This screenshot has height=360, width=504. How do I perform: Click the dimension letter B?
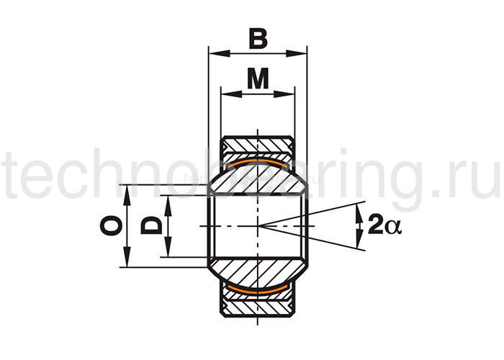tap(258, 39)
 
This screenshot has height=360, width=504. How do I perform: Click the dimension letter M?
tap(258, 78)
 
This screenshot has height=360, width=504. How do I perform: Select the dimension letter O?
tap(111, 225)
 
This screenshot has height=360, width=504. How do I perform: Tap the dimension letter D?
tap(151, 225)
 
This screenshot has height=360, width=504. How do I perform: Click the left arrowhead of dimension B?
tap(220, 53)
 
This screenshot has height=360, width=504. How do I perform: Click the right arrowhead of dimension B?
tap(297, 53)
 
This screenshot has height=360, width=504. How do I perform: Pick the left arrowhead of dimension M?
tap(231, 94)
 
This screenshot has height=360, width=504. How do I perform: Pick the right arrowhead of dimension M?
tap(284, 94)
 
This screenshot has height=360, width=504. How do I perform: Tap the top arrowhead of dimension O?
tap(127, 195)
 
